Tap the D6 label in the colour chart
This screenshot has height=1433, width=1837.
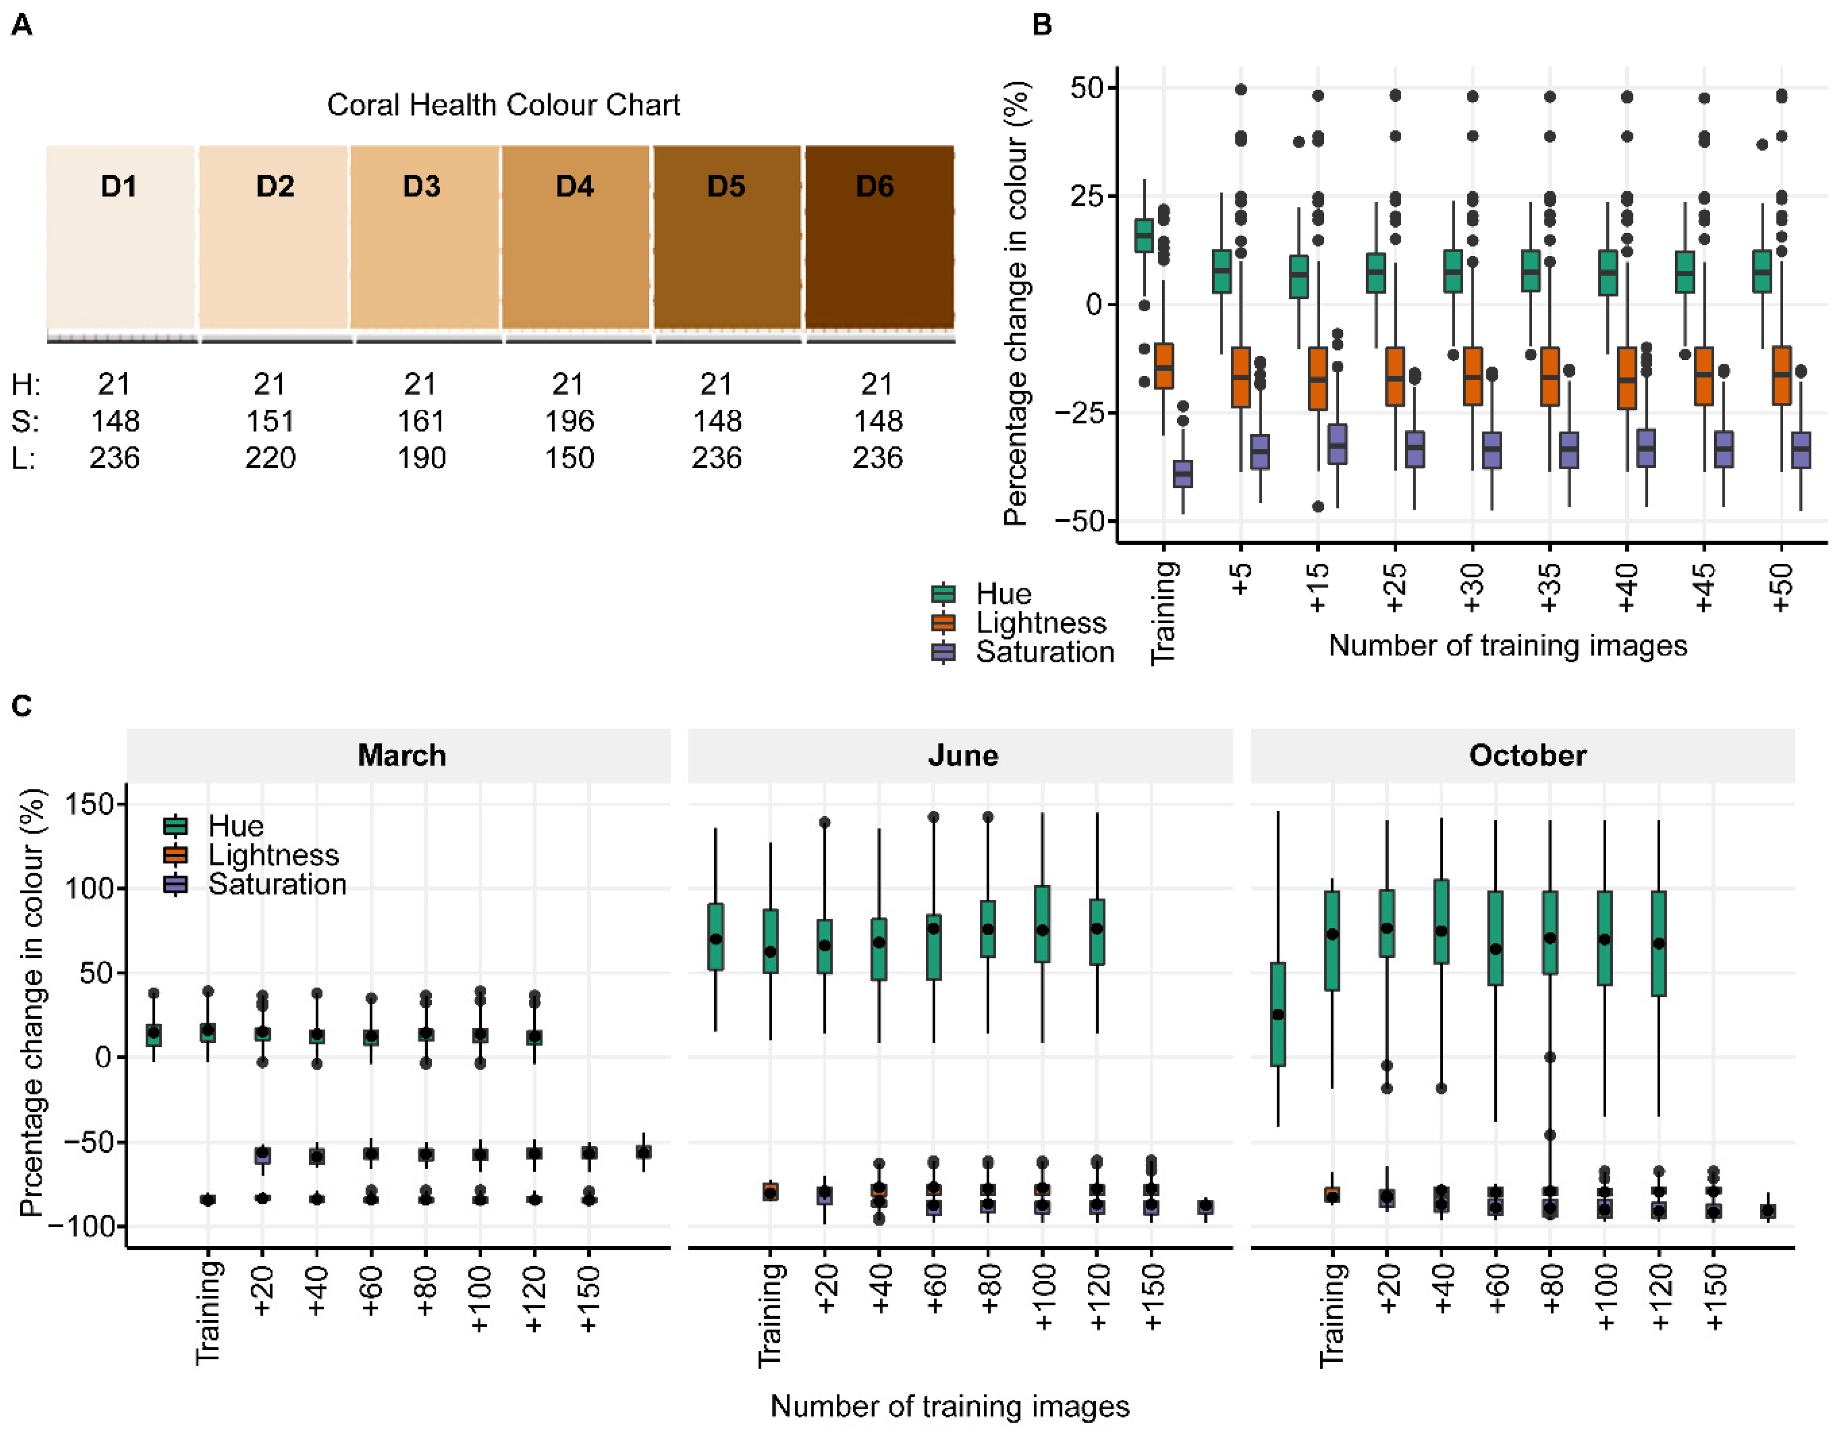[x=875, y=186]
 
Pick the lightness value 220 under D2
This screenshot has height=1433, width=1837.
[x=270, y=457]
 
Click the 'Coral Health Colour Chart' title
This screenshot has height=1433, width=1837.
[x=503, y=105]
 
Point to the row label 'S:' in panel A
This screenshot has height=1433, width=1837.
[x=25, y=420]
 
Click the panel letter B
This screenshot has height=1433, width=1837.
[x=1041, y=25]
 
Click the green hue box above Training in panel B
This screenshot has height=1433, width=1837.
[x=1144, y=236]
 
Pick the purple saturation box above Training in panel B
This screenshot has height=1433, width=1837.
[x=1182, y=474]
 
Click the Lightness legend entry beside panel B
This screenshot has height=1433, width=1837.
[x=1040, y=622]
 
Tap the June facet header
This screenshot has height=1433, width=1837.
[x=962, y=755]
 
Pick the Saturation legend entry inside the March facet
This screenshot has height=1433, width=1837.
[x=277, y=884]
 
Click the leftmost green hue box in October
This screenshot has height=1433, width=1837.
[x=1277, y=1014]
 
